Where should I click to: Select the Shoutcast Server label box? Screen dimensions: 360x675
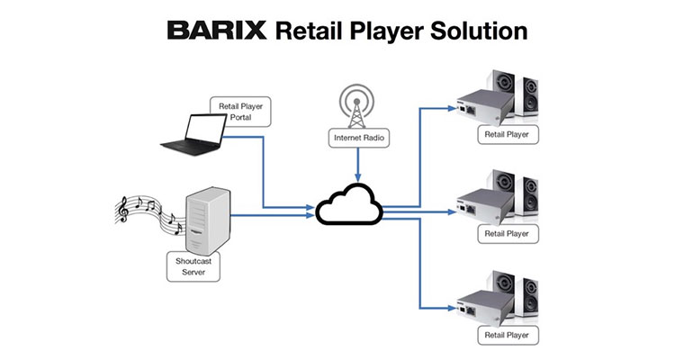click(190, 265)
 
